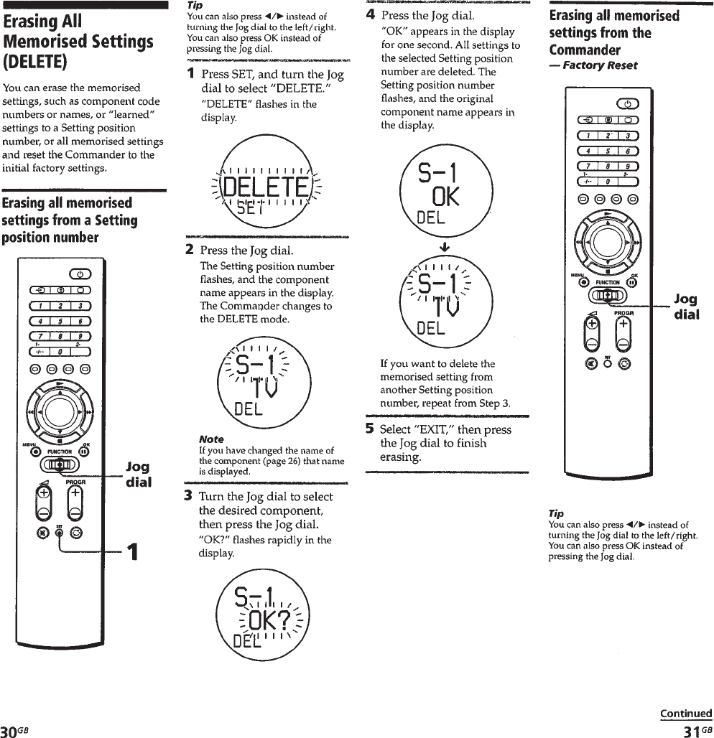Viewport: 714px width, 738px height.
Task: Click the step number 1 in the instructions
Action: [191, 74]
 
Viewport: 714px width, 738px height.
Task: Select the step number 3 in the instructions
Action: [190, 496]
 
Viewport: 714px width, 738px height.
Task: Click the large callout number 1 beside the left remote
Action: [132, 553]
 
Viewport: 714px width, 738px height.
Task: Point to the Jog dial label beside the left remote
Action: [138, 475]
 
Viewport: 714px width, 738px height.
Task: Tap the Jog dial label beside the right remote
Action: [687, 307]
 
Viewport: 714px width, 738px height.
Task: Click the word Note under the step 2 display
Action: [211, 439]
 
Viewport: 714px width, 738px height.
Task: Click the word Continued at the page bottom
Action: [686, 714]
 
